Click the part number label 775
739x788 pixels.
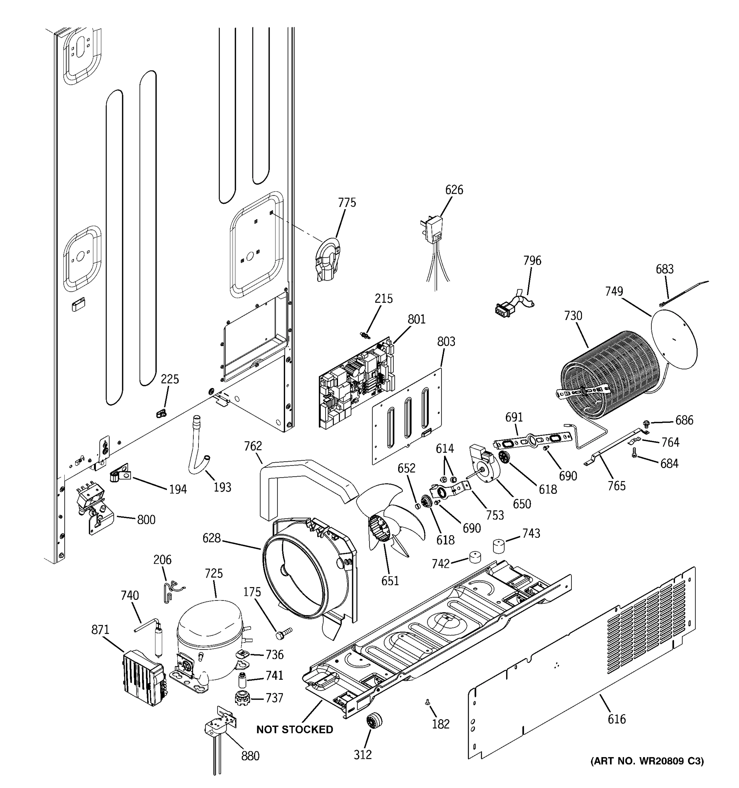click(x=347, y=203)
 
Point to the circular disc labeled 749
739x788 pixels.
click(x=674, y=340)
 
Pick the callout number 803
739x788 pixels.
click(x=446, y=341)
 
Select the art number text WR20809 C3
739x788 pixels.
click(x=647, y=761)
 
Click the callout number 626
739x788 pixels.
click(x=454, y=190)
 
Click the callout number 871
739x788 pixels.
click(x=100, y=629)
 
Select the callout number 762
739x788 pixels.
click(x=253, y=446)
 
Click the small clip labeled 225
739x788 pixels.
click(x=161, y=413)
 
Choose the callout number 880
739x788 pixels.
click(x=250, y=756)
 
